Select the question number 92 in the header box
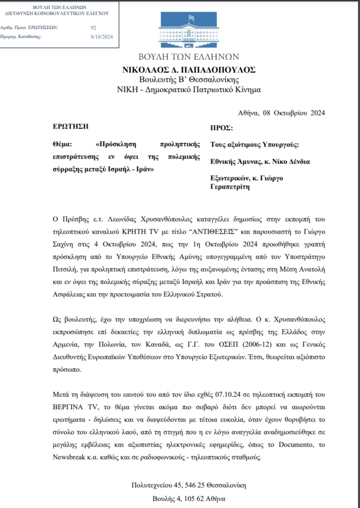click(x=93, y=28)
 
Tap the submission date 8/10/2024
click(x=101, y=36)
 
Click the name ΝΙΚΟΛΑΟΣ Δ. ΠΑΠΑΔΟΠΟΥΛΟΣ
click(x=189, y=70)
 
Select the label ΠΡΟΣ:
click(x=221, y=127)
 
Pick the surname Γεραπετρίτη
click(x=230, y=187)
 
